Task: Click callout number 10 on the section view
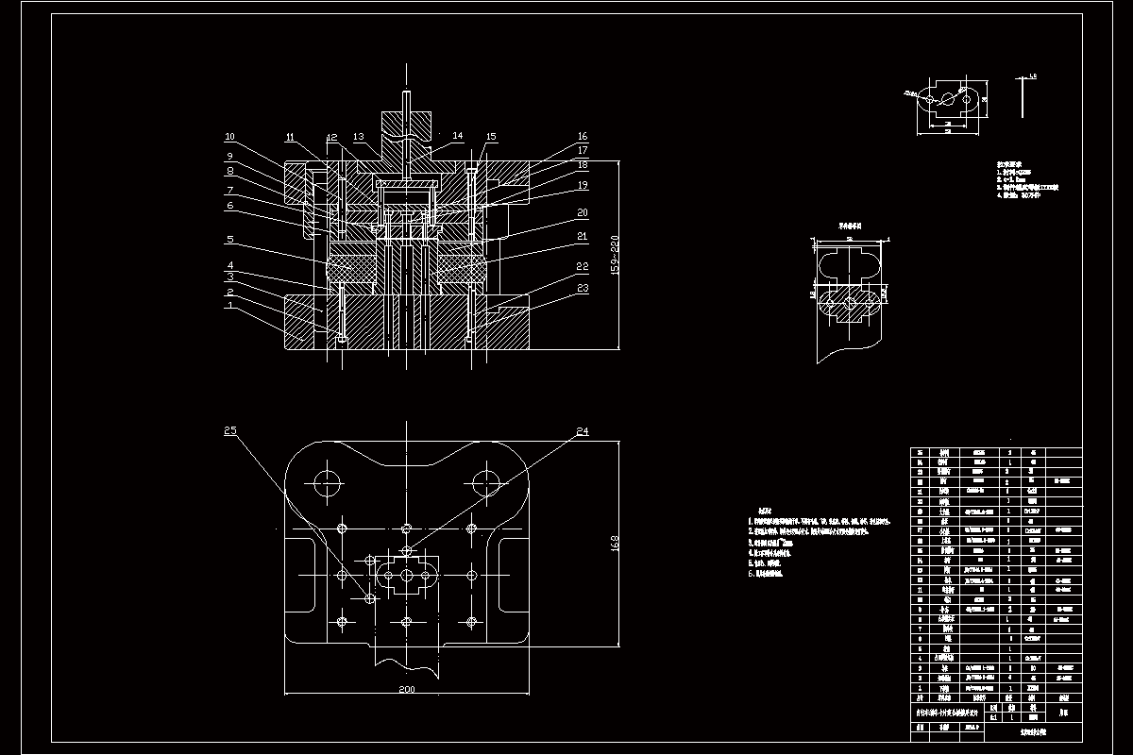coord(229,137)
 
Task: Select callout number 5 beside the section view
coord(229,240)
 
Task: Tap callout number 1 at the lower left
coord(229,306)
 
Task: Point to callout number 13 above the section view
coord(359,138)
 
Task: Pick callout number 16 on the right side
coord(583,137)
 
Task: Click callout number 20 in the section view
coord(583,213)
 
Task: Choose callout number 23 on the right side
coord(583,288)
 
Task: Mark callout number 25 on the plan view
coord(229,431)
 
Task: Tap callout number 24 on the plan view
coord(583,431)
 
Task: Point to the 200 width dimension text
coord(406,690)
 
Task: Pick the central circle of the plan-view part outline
coord(406,575)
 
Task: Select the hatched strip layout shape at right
coord(852,303)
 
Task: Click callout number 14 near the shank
coord(458,137)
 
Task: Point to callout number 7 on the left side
coord(229,189)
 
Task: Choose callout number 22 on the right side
coord(583,268)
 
